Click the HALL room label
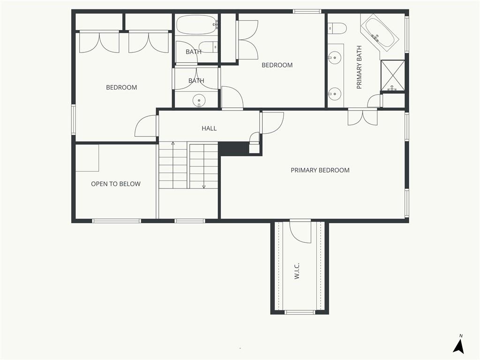209,128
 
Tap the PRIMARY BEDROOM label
320,170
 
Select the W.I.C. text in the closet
296,270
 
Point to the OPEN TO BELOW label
116,184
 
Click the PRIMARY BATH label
359,67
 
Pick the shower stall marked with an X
392,75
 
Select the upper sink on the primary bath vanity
335,57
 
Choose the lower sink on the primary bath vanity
335,93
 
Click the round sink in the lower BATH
199,100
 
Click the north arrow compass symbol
459,345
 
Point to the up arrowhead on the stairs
173,143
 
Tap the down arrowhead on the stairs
204,187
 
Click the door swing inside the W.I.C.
300,232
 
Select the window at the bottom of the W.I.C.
300,312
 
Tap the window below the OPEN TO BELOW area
117,221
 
